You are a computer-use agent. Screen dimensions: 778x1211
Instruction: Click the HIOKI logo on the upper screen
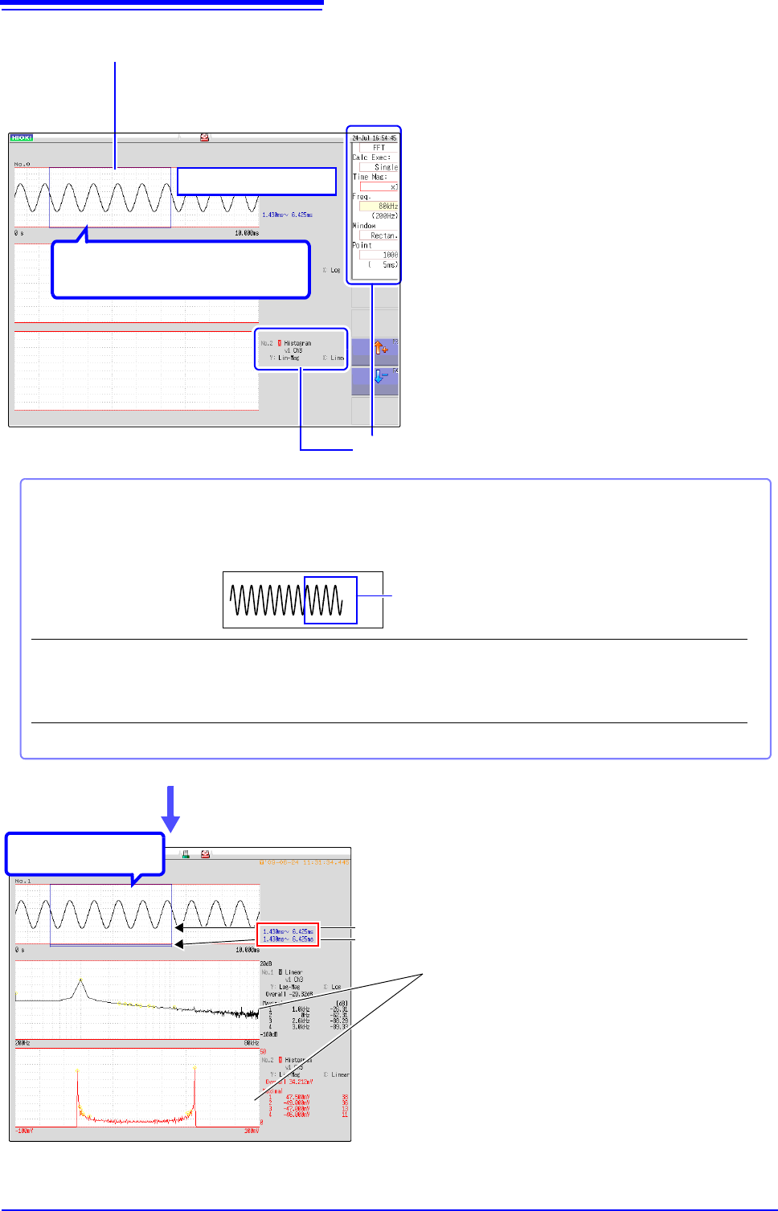point(21,137)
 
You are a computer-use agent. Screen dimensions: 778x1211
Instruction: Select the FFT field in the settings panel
point(379,148)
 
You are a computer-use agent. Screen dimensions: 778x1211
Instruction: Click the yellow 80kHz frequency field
point(379,207)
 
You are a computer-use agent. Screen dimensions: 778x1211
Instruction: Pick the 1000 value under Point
point(379,255)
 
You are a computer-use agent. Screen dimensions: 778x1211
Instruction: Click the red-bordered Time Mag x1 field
point(379,186)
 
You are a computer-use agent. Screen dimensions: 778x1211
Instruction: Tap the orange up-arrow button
point(381,349)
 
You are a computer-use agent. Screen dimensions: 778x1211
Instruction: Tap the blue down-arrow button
point(381,376)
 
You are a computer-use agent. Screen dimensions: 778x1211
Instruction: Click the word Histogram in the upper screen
point(297,343)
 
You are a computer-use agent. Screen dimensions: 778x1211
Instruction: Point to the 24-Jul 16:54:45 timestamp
point(375,138)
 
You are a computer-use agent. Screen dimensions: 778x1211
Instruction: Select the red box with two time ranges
point(288,935)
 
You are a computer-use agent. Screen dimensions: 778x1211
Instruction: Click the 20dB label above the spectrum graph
point(265,963)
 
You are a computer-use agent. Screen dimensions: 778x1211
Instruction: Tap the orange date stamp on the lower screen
point(304,862)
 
